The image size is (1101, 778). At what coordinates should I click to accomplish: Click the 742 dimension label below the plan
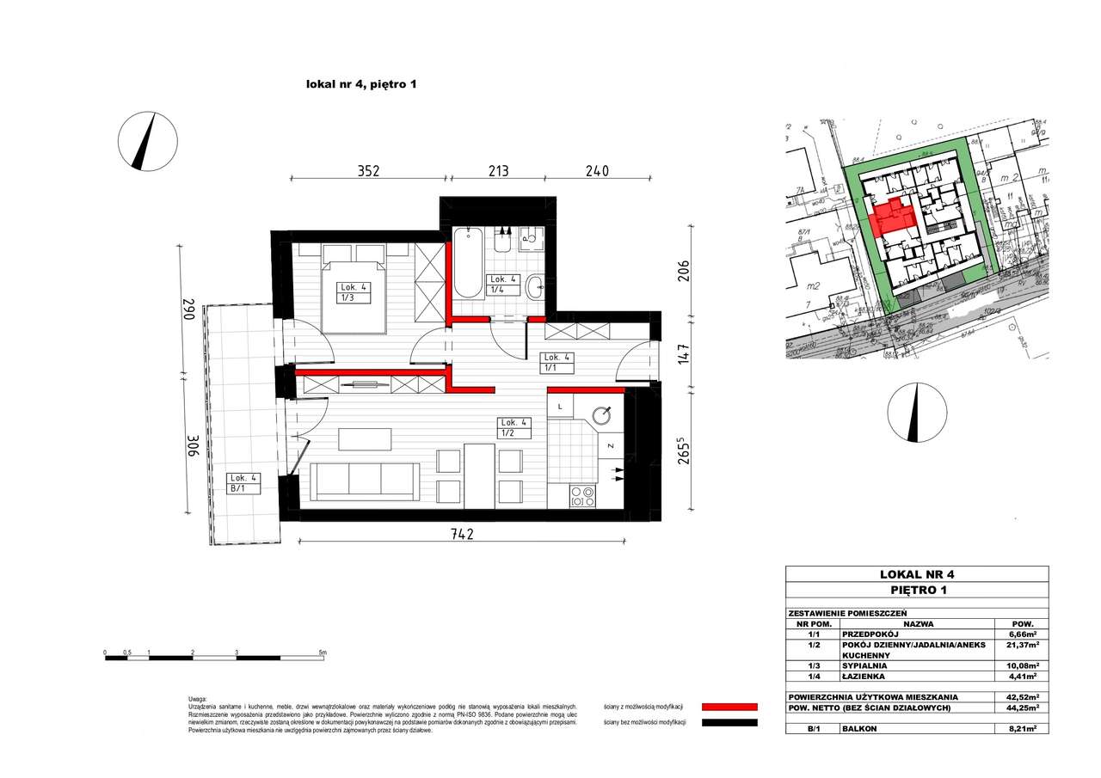462,534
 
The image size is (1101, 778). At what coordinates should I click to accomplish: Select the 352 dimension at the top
368,170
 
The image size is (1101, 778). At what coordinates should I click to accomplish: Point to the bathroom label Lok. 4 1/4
501,285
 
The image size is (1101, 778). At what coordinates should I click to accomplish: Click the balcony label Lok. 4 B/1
242,482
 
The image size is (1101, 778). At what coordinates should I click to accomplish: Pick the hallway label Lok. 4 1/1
554,362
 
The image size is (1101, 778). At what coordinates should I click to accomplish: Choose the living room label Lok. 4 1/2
515,426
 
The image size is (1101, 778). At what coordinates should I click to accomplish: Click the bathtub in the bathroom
468,262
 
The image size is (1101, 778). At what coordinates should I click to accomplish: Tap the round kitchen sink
606,414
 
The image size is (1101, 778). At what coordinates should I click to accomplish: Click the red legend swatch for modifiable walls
729,706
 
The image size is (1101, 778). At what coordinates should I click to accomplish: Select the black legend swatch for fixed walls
729,723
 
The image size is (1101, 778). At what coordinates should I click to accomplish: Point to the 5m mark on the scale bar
323,653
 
